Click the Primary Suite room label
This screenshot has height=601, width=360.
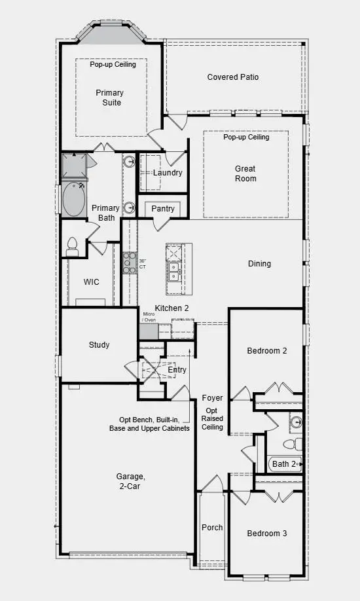109,98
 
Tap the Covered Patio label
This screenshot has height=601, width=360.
233,77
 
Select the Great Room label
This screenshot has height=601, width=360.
245,173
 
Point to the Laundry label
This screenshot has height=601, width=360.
167,173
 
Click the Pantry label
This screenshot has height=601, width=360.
163,208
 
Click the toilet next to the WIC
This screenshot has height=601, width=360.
72,247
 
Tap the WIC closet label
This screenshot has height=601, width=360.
91,282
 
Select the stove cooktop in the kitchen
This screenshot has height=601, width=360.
129,263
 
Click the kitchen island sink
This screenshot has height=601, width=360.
173,271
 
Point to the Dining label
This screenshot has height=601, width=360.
259,264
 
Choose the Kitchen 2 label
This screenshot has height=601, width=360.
171,308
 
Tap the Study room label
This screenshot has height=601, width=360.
99,345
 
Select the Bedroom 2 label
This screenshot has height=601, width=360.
266,351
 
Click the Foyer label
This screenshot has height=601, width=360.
212,398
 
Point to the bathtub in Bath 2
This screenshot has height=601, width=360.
285,464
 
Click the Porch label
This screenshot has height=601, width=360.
212,528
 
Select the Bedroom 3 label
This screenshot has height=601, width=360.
266,534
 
